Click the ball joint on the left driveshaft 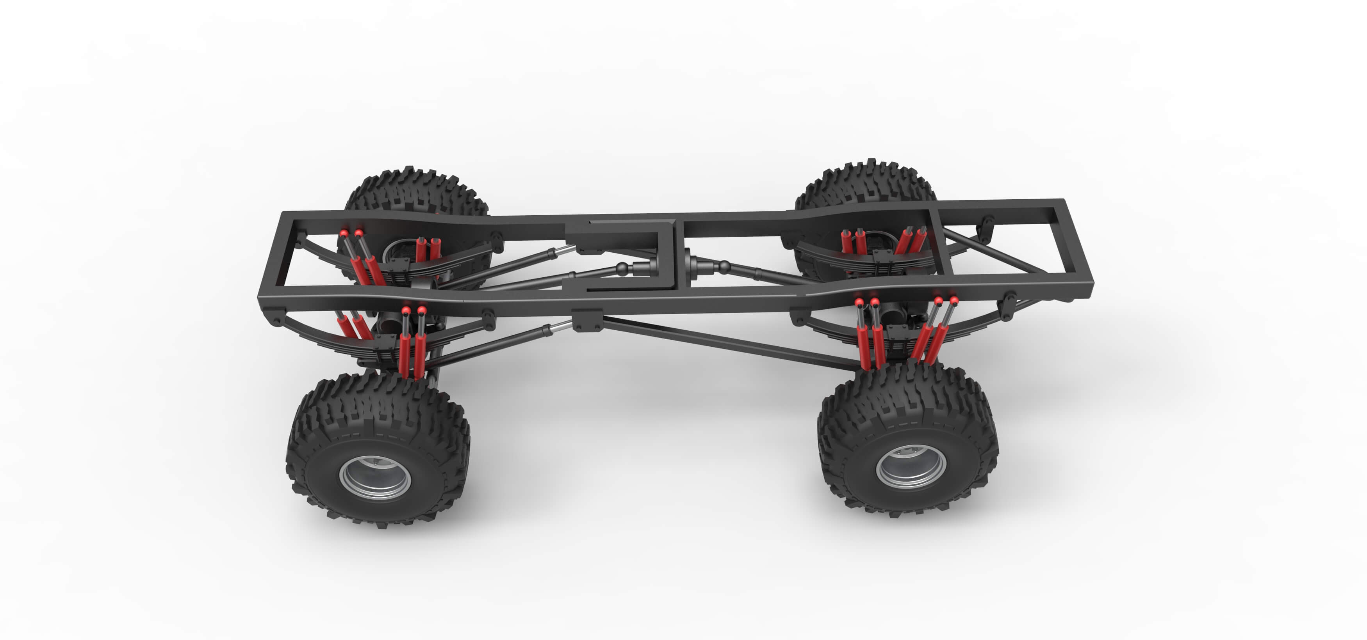[622, 269]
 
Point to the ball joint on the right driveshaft [723, 265]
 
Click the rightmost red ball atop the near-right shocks [954, 301]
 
